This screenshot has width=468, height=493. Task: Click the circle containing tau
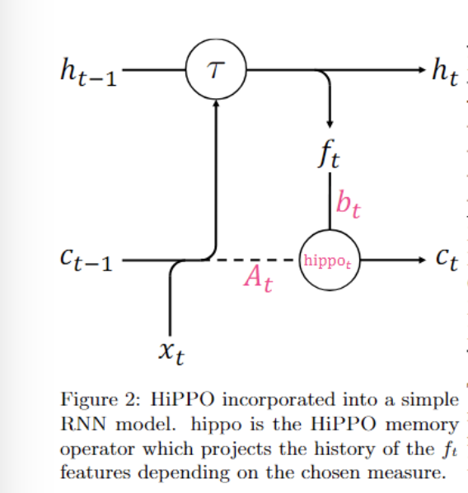pos(216,40)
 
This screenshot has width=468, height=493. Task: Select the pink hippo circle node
pos(330,230)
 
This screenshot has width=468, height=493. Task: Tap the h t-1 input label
pos(88,72)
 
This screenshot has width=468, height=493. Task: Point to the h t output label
pos(445,72)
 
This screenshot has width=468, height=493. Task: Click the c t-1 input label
pos(87,260)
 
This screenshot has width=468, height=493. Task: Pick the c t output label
pos(447,260)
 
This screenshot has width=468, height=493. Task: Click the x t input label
pos(171,353)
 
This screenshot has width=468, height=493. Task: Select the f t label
pos(329,154)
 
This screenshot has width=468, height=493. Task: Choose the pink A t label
pos(258,279)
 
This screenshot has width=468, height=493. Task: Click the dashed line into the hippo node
pos(255,260)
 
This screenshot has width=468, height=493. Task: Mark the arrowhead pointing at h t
pos(423,70)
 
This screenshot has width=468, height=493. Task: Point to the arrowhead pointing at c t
pos(423,260)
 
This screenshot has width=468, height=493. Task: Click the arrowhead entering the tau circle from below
pos(216,103)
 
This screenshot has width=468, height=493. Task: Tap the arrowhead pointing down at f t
pos(330,124)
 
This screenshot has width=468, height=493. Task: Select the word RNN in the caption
pos(83,425)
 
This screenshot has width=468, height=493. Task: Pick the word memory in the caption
pos(422,425)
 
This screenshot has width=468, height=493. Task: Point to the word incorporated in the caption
pos(278,401)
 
